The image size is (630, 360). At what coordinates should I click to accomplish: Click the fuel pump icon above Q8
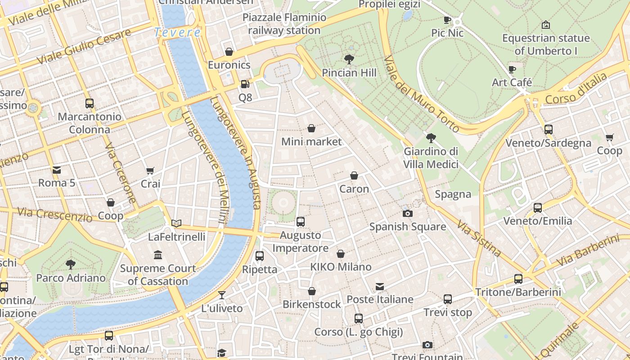tap(244, 84)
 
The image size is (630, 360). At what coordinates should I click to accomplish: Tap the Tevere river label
tap(177, 32)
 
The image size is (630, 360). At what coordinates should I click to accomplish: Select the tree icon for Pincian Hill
tap(349, 59)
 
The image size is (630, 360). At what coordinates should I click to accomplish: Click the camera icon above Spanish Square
tap(407, 213)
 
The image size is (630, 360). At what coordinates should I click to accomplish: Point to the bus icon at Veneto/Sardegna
tap(548, 130)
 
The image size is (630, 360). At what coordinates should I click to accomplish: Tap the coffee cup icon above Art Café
tap(512, 69)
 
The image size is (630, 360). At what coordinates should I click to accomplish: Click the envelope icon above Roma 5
tap(57, 170)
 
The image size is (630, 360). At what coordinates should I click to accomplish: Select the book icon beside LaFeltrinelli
tap(176, 223)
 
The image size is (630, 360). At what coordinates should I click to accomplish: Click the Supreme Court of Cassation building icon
tap(158, 255)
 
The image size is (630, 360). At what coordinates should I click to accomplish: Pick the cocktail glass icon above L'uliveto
tap(222, 295)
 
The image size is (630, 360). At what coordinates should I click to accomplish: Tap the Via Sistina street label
tap(479, 238)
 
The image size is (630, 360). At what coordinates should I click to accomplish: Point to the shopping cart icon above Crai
tap(150, 171)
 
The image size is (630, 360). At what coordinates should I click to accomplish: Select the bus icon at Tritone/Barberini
tap(518, 279)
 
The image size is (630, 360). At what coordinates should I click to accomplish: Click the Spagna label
tap(453, 194)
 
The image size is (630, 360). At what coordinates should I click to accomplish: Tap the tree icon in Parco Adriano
tap(71, 264)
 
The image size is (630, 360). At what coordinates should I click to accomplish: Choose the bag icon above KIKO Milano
tap(341, 254)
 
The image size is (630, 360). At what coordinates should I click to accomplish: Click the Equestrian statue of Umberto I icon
tap(545, 25)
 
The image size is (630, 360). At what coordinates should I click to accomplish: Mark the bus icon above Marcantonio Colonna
tap(90, 103)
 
